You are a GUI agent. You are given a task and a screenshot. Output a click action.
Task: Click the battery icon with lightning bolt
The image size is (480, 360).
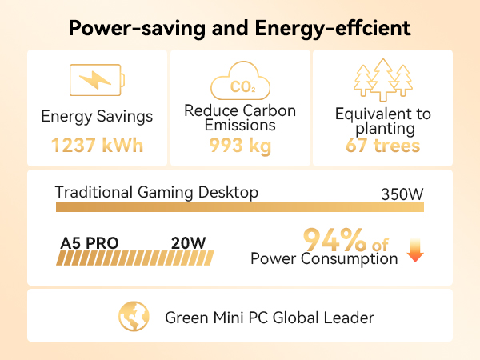[97, 80]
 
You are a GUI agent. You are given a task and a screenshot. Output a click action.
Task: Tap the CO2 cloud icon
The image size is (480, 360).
[240, 81]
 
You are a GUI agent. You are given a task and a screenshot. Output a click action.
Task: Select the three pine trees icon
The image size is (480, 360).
[383, 79]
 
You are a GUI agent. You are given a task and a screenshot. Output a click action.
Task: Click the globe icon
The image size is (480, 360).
[134, 316]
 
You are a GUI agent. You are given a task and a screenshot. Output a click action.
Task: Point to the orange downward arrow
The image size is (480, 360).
[415, 250]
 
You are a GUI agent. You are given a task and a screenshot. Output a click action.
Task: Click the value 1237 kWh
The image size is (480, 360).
[97, 145]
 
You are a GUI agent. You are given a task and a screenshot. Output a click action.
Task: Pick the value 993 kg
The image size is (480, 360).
[240, 146]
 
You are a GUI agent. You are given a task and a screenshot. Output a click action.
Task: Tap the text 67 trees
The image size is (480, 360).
[382, 146]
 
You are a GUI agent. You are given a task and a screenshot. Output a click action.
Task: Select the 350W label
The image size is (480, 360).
[402, 194]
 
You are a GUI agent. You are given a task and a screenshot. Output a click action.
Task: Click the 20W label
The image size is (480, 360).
[188, 243]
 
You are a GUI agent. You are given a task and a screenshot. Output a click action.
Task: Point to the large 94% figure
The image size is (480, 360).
[334, 240]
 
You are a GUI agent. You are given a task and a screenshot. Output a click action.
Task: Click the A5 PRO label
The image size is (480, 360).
[90, 243]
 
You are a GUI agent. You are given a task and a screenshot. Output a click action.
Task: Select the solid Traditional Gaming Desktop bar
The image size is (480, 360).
[240, 207]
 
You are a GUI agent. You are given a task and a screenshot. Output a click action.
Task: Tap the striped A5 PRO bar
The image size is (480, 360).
[135, 258]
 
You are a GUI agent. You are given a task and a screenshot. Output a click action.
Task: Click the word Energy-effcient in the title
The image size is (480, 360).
[333, 29]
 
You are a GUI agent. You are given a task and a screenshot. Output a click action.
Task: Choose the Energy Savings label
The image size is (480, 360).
[97, 117]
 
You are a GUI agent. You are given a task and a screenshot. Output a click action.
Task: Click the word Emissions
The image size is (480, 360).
[240, 126]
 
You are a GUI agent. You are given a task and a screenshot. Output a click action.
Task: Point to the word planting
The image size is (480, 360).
[385, 129]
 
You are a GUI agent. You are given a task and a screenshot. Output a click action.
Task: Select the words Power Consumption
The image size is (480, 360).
[324, 259]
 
